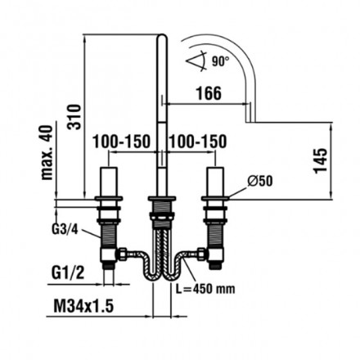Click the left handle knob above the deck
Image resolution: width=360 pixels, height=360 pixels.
[106, 182]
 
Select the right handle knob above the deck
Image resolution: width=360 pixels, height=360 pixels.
[216, 182]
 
